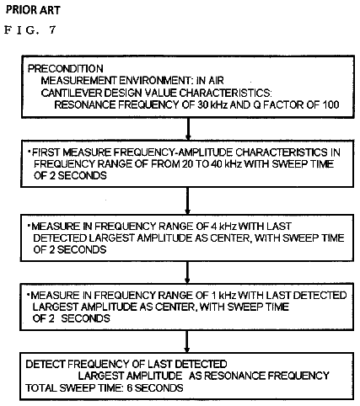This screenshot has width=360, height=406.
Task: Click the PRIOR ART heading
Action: coord(33,10)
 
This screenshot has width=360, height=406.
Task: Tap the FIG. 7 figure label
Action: coord(30,30)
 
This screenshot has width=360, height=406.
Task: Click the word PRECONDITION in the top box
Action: coord(66,68)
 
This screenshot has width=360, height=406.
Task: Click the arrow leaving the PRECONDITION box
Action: coord(188,129)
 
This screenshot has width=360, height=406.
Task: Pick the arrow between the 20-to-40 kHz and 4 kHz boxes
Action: coord(188,200)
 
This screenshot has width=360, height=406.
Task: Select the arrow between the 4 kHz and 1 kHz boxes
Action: coord(187,272)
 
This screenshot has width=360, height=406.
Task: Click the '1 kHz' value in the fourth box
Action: coord(223,296)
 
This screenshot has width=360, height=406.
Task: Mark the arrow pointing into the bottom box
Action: coord(187,341)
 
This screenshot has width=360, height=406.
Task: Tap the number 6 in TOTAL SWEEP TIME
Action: coord(130,387)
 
